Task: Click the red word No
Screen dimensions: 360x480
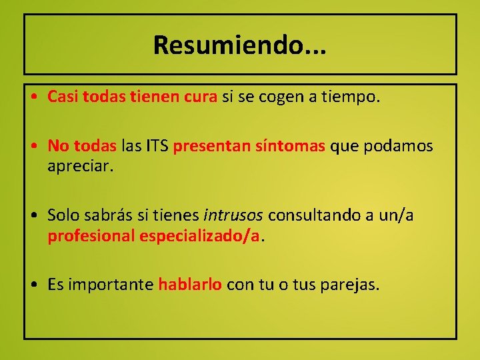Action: pyautogui.click(x=58, y=146)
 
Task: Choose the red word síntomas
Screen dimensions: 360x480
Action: pyautogui.click(x=283, y=146)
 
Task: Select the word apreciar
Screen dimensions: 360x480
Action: pyautogui.click(x=81, y=166)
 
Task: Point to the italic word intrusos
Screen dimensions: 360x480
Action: pyautogui.click(x=233, y=215)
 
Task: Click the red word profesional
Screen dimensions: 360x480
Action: pyautogui.click(x=91, y=236)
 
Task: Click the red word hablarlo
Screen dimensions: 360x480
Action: pyautogui.click(x=190, y=285)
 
